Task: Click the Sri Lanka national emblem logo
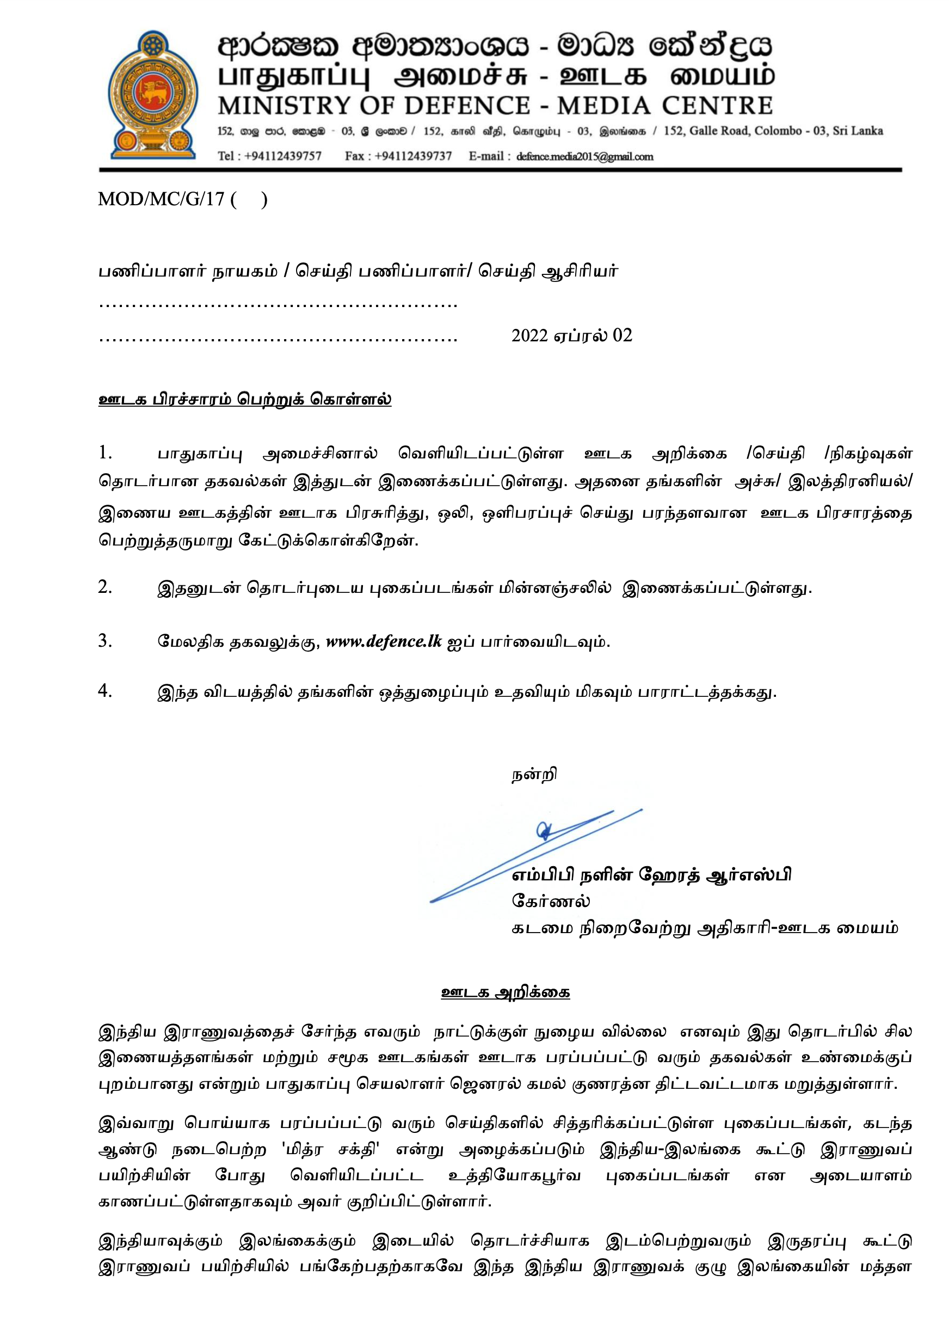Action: (x=153, y=96)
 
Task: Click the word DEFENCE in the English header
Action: (x=467, y=106)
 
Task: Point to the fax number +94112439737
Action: (x=413, y=156)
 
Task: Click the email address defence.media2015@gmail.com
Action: (x=584, y=156)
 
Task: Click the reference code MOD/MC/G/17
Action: (x=161, y=199)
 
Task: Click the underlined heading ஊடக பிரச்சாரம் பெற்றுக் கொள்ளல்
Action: (x=244, y=400)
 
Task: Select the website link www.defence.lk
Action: (x=384, y=641)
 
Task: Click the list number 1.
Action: (x=104, y=452)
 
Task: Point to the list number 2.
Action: (x=104, y=587)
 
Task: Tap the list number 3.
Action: (x=104, y=641)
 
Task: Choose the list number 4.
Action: (x=104, y=691)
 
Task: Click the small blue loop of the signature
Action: (x=544, y=830)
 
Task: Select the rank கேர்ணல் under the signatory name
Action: (x=550, y=901)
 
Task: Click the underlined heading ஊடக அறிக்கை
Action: (x=506, y=992)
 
